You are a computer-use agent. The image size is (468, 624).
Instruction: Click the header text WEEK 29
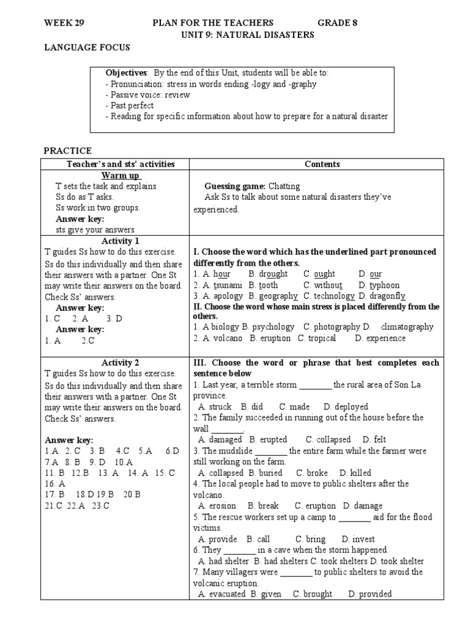[64, 23]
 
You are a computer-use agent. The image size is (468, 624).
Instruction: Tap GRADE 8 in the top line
[337, 23]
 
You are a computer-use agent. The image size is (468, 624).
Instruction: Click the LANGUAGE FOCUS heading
[87, 48]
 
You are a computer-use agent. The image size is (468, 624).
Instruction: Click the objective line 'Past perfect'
[129, 105]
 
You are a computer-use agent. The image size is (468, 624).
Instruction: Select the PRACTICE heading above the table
[68, 151]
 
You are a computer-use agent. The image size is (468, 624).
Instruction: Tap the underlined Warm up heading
[120, 175]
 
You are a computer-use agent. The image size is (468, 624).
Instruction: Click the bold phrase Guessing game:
[235, 186]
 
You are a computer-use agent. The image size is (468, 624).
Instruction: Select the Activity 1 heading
[120, 241]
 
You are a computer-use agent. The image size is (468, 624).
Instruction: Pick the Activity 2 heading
[120, 363]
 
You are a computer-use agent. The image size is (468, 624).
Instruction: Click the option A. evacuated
[222, 594]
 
